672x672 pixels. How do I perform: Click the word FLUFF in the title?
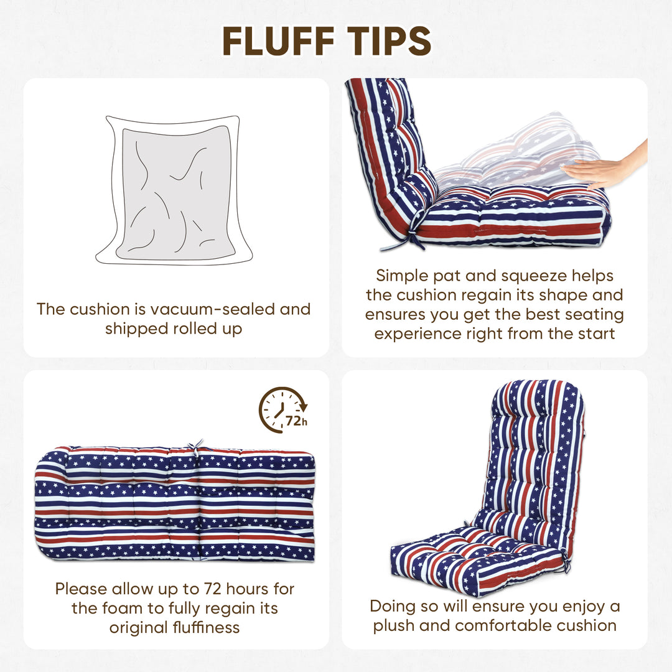point(278,41)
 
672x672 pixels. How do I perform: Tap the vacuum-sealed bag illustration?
point(174,190)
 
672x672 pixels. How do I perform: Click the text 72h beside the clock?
point(297,421)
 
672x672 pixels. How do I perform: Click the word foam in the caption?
point(124,608)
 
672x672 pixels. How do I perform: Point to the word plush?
point(394,626)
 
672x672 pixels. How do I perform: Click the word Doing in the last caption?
point(391,607)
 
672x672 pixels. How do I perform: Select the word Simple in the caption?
point(403,276)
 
